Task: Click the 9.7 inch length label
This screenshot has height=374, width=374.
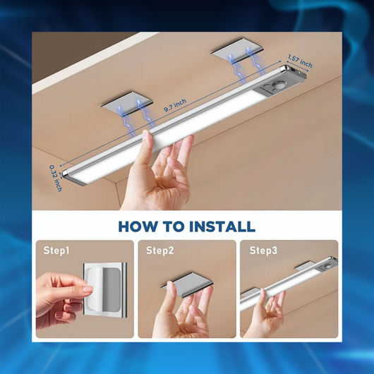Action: point(175,105)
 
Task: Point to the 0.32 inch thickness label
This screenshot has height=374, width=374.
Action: point(56,178)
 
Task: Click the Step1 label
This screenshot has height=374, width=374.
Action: point(56,251)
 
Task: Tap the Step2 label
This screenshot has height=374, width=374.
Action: point(159,251)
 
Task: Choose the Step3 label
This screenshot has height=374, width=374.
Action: point(263,251)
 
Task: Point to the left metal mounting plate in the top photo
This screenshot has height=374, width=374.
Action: point(126,102)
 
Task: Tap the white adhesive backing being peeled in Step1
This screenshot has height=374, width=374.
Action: point(95,290)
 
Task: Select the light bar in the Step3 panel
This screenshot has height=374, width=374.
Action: point(289,283)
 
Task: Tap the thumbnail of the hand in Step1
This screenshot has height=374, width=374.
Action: point(88,289)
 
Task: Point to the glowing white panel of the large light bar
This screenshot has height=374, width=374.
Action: point(167,133)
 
